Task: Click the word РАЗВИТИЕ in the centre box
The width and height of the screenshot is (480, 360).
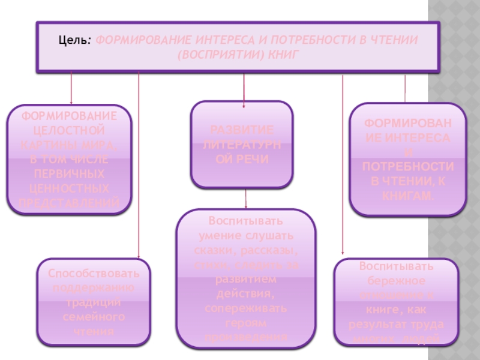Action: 242,130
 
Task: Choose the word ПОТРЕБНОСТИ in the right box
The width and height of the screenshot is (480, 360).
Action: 407,167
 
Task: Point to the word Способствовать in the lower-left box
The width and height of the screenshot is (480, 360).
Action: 95,274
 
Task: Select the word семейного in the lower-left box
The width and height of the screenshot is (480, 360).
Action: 94,317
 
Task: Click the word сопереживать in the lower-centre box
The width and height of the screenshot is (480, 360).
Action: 245,310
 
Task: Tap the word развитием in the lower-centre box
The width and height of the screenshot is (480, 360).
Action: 245,280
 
